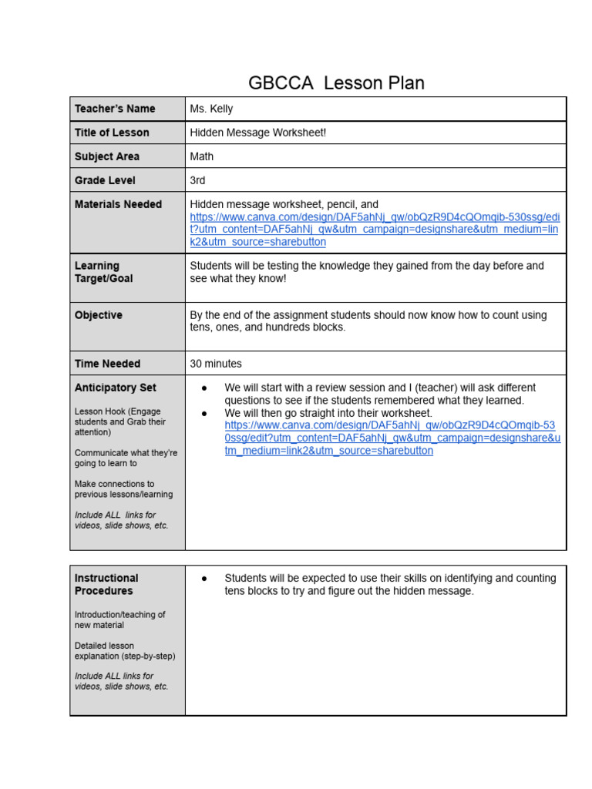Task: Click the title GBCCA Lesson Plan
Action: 336,83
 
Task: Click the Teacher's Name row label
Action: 115,109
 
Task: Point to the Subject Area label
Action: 107,156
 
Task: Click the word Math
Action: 202,156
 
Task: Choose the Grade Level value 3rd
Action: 198,180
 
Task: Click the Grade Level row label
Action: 105,180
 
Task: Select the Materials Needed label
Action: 118,204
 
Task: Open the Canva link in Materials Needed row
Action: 375,230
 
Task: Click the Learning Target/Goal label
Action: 103,272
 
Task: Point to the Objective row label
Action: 99,315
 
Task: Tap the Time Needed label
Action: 107,364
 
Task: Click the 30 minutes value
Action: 216,364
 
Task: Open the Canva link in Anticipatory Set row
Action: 389,438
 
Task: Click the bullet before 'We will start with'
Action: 204,388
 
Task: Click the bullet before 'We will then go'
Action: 204,414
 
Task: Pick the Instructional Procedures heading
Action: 106,584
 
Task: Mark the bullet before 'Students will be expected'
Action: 204,579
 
